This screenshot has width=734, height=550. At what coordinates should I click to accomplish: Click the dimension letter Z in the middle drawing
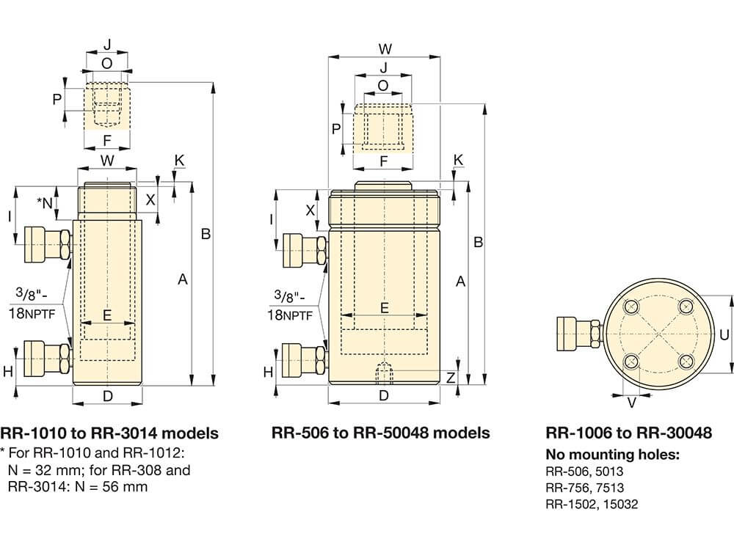(451, 378)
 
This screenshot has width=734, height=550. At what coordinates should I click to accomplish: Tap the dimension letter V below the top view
(631, 402)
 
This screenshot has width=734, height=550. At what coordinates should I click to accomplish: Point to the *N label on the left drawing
(46, 202)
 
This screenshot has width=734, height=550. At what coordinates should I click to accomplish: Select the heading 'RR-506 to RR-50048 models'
(380, 433)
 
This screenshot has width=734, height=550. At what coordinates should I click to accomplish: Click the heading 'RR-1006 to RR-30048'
(628, 433)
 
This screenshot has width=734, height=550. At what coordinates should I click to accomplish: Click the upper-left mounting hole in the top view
(629, 307)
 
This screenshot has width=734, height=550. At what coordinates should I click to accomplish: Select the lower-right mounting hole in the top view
(686, 361)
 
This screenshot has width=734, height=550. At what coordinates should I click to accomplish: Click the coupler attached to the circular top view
(578, 333)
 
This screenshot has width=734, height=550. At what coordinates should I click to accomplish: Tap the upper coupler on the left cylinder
(46, 244)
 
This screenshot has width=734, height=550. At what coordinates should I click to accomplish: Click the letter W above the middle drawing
(385, 49)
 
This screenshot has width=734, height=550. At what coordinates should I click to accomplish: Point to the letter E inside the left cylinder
(107, 316)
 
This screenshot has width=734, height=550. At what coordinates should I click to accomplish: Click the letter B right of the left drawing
(206, 235)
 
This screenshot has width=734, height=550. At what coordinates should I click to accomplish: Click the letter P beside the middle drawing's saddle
(336, 129)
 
